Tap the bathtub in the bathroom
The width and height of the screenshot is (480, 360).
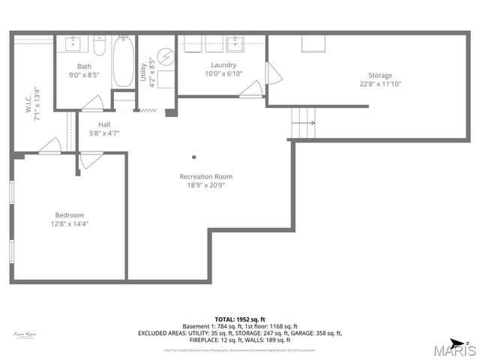tap(124, 61)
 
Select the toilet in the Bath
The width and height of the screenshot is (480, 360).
tap(99, 43)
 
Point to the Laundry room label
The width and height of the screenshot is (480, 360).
tap(223, 65)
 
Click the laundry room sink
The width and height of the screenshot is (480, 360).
tap(236, 43)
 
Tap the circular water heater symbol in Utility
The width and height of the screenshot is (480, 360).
tap(166, 56)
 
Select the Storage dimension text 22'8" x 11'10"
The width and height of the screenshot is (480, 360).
tap(379, 83)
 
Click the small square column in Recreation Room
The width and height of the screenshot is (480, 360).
tap(193, 157)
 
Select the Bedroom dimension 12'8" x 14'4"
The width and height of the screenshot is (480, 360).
tap(68, 223)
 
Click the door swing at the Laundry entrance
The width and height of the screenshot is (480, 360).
tap(251, 89)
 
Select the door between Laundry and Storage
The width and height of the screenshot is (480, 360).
tap(273, 73)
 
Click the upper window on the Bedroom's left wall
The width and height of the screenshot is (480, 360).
tap(11, 192)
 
